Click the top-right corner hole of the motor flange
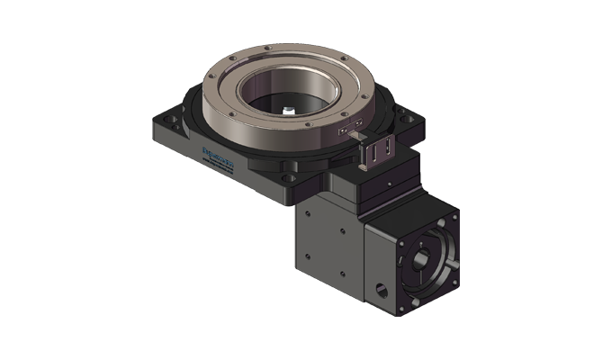click(x=447, y=219)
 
